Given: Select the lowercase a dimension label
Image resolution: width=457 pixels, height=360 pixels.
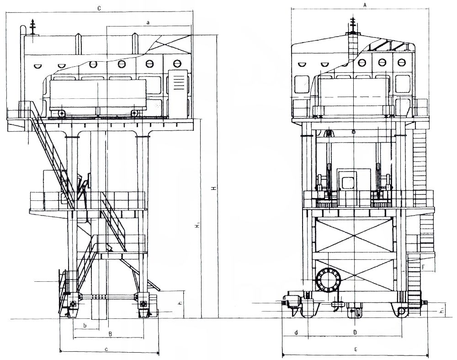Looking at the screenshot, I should tap(148, 22).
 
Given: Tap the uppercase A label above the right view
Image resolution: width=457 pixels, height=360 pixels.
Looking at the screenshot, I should tap(364, 4).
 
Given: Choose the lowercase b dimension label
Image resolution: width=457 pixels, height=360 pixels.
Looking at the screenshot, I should tap(85, 325).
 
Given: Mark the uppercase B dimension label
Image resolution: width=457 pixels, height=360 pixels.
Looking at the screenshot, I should tap(110, 334).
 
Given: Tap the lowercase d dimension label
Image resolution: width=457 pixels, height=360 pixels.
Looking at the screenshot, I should tap(296, 333).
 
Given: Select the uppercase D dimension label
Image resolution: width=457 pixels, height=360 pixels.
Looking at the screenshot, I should tap(355, 333).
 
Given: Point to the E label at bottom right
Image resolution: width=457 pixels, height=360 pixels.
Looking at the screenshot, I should tap(356, 350).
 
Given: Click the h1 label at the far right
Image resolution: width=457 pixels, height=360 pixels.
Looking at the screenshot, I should tap(441, 311).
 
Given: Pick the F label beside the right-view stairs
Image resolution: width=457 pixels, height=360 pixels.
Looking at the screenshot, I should tap(424, 266).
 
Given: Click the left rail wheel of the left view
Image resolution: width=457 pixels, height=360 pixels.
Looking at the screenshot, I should tap(73, 304).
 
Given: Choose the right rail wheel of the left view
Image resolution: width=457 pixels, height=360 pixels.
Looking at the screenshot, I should tap(143, 304).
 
